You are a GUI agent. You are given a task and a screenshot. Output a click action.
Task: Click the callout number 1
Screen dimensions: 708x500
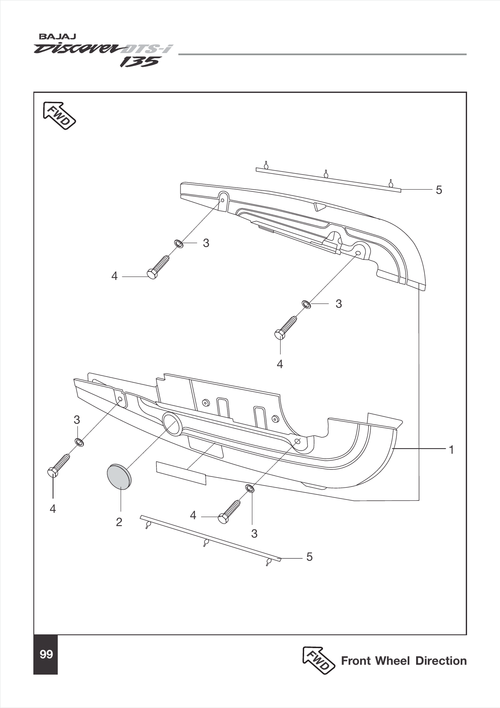tap(451, 450)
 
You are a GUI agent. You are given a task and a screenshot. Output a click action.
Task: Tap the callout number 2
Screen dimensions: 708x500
tap(119, 522)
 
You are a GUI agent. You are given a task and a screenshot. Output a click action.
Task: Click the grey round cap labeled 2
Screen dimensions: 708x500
tap(118, 476)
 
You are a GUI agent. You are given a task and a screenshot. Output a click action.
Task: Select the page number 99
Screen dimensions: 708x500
tap(46, 654)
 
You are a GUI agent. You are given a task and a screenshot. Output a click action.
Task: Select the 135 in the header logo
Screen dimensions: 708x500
tap(139, 62)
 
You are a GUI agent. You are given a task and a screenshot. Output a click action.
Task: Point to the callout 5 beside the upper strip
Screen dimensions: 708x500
tap(439, 190)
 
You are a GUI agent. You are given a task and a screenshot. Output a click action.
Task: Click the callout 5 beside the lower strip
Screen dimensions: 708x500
tap(309, 557)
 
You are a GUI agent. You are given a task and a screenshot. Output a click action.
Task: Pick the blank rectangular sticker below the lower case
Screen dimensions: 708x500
tap(181, 473)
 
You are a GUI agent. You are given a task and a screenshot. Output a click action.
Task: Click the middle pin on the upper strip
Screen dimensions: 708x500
tap(325, 173)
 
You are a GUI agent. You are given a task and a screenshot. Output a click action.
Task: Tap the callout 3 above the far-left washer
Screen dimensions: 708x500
tap(77, 420)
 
